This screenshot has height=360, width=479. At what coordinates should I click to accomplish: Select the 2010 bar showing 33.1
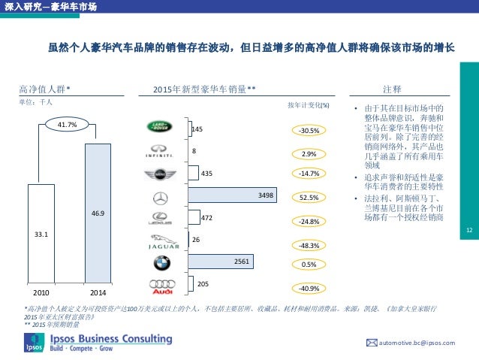(x=41, y=233)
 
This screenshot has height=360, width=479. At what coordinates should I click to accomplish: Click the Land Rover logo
(x=159, y=129)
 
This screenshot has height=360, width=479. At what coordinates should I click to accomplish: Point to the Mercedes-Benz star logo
(x=159, y=198)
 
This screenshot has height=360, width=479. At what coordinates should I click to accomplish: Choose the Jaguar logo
(x=159, y=242)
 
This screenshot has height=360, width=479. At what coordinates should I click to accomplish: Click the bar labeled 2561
(x=221, y=261)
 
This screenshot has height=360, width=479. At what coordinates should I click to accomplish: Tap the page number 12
(x=469, y=230)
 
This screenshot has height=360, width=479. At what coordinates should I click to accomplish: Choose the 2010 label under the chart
(x=41, y=291)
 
